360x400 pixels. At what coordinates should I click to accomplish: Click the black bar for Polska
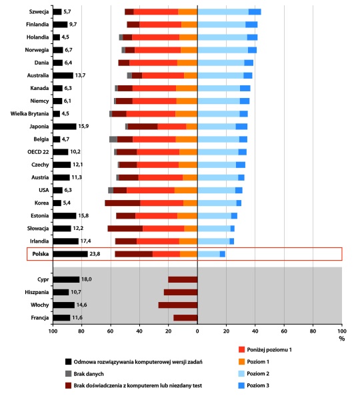point(71,254)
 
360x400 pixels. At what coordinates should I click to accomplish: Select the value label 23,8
point(95,254)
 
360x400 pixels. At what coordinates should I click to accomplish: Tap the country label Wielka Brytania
point(29,114)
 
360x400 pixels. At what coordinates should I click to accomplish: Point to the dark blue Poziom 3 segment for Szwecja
point(255,12)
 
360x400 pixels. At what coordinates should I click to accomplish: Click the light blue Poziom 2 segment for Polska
point(209,254)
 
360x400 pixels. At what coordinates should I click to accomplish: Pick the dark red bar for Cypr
point(183,279)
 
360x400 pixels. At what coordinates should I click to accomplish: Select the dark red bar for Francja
point(185,318)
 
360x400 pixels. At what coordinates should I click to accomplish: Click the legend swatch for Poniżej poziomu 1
point(241,349)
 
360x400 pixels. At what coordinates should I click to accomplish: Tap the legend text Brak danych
point(89,374)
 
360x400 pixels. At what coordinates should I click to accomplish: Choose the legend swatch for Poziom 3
point(241,385)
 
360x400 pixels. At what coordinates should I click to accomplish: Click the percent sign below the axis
point(341,339)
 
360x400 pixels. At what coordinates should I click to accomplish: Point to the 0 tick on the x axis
point(197,331)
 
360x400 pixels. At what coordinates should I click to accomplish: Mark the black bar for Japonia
point(65,127)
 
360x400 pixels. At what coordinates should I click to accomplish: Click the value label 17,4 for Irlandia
point(85,241)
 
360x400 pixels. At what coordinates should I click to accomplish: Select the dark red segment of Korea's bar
point(123,203)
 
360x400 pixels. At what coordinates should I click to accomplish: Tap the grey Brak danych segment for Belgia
point(113,139)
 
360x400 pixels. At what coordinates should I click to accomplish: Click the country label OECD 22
point(38,152)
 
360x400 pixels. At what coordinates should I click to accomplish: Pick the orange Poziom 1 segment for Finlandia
point(189,25)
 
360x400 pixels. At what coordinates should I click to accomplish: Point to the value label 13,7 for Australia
point(80,75)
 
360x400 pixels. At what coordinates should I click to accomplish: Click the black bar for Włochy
point(64,305)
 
